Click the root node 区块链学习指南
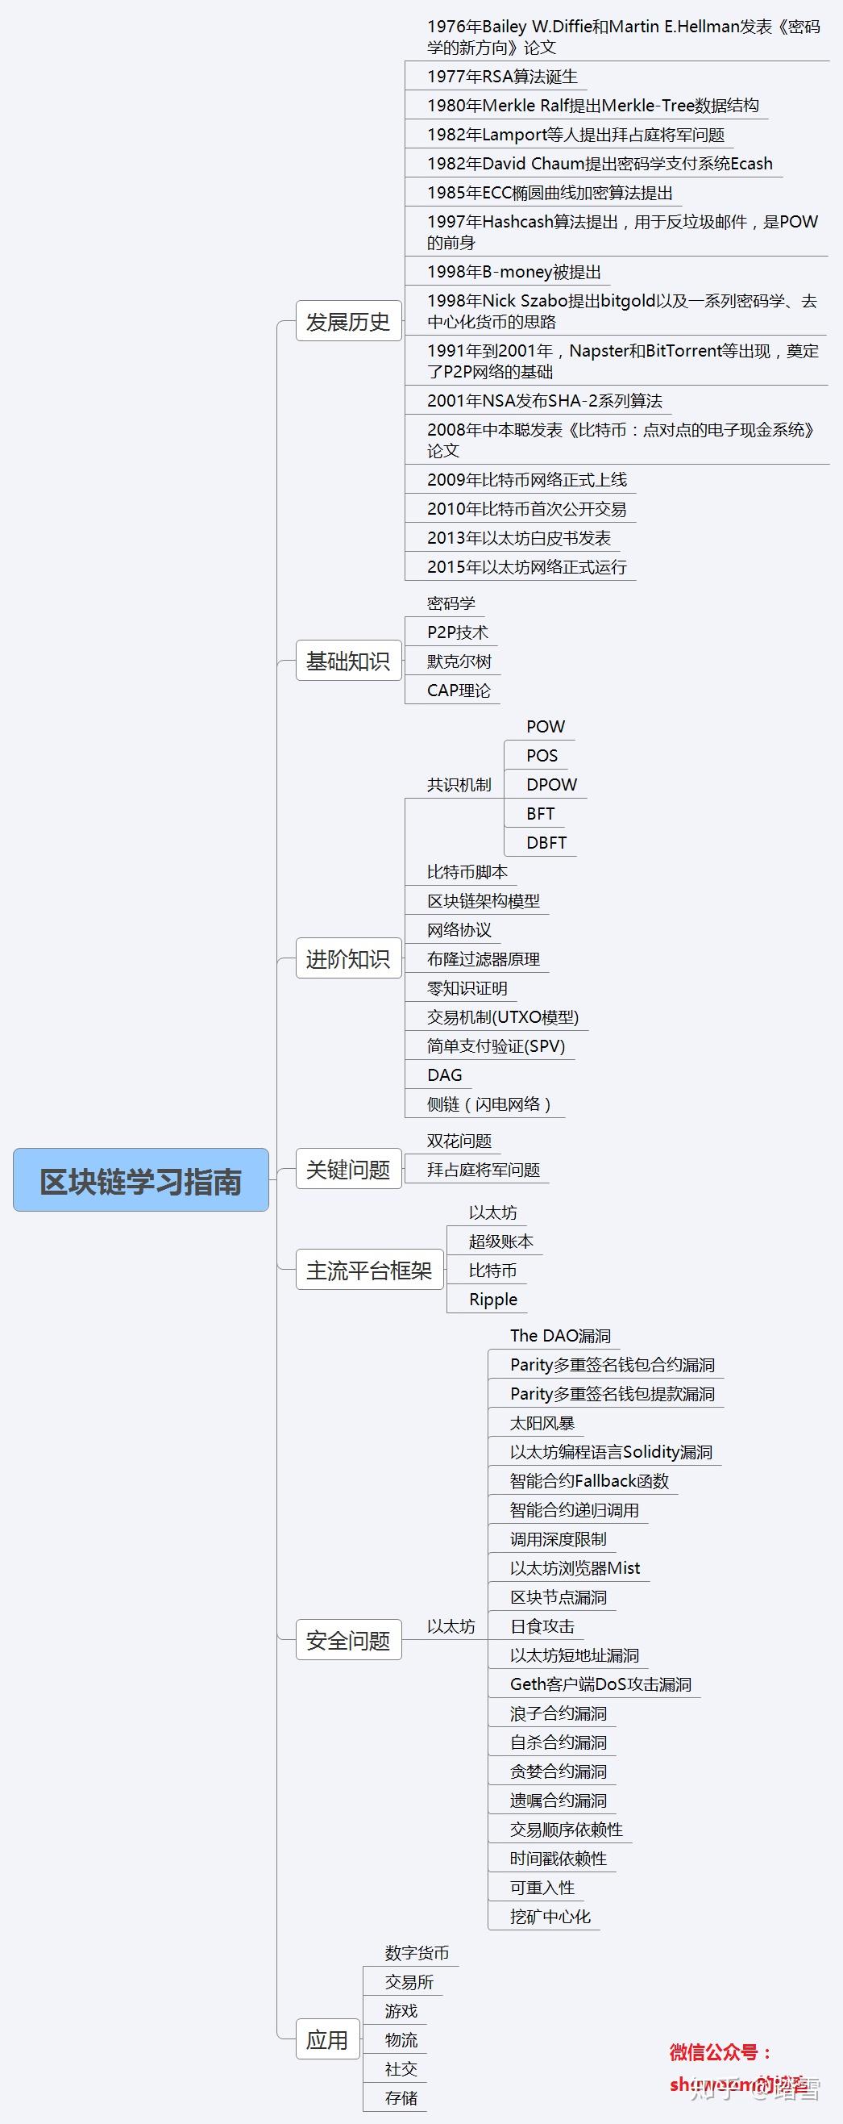coord(141,1181)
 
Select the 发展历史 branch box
coord(347,322)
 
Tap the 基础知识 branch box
coord(347,661)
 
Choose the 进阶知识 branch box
coord(347,958)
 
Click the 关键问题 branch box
coord(347,1169)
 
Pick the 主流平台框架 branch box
coord(369,1270)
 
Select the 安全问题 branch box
coord(347,1640)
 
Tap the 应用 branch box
coord(327,2039)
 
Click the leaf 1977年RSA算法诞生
coord(502,77)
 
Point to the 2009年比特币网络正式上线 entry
coord(526,480)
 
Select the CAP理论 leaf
coord(459,691)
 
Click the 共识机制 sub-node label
coord(459,784)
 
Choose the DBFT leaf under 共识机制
coord(546,843)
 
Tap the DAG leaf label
coord(444,1075)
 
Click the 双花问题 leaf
coord(459,1141)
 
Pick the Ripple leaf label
coord(492,1300)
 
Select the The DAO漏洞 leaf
coord(560,1336)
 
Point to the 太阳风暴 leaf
coord(542,1423)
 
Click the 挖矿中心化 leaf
coord(550,1917)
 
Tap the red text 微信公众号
coord(719,2052)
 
